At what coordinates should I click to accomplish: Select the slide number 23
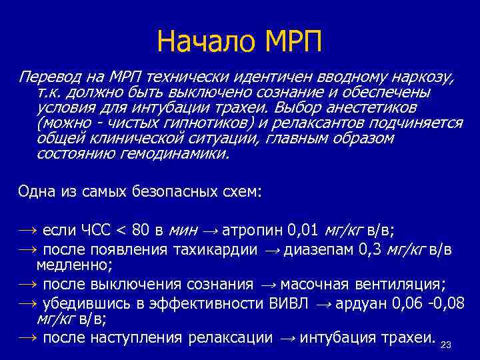pos(447,345)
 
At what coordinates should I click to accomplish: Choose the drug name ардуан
pos(361,303)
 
